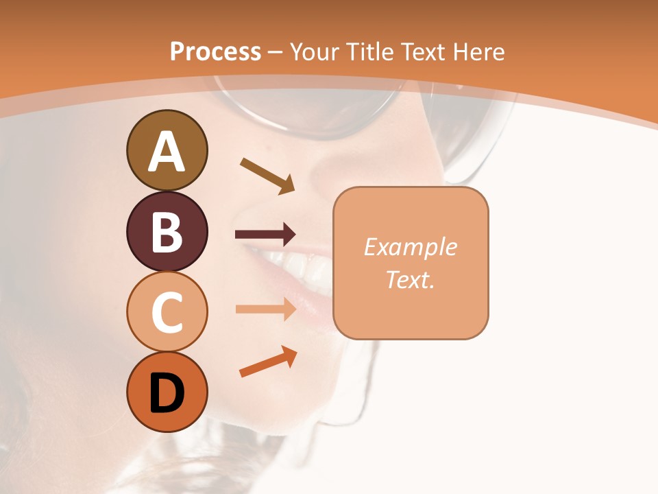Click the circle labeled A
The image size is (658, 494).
167,150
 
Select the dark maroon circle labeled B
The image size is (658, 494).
167,231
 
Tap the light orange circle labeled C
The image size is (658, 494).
167,311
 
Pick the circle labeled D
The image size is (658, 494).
167,392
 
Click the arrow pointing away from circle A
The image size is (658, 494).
267,176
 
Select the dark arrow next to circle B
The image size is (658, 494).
265,235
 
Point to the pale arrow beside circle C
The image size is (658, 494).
265,309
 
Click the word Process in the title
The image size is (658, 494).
215,52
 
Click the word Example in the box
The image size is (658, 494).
410,247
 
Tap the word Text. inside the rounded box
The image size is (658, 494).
410,279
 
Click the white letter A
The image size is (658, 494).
167,152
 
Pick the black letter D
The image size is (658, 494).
167,393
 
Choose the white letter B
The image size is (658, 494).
167,232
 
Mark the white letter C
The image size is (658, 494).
167,313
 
